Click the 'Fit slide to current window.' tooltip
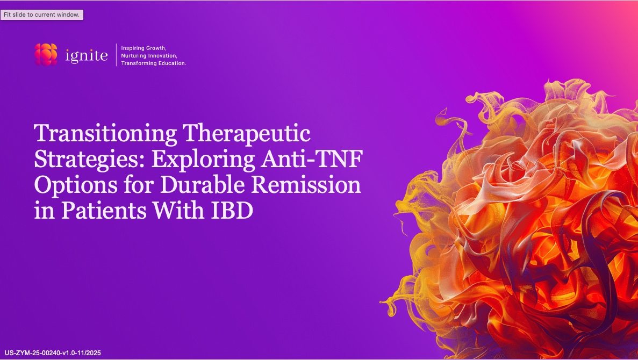tap(42, 15)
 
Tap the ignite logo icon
tap(46, 55)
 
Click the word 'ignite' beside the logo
tap(86, 55)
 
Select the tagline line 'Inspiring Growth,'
tap(144, 48)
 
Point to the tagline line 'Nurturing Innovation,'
tap(149, 56)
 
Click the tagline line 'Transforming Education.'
tap(154, 63)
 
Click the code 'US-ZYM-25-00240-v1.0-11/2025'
tap(53, 353)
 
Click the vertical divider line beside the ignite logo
tap(117, 55)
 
